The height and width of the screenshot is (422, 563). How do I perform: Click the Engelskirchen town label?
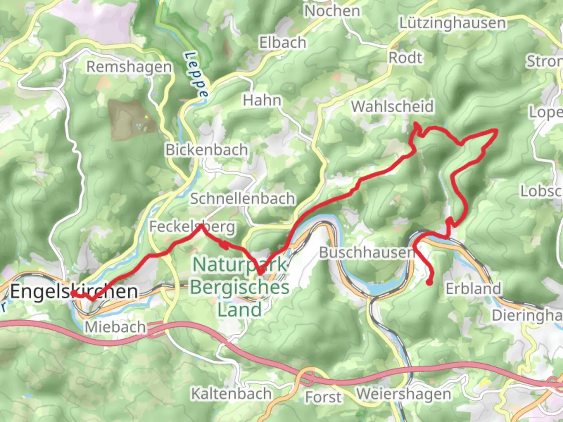[74, 291]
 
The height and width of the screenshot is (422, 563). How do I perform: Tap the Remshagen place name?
[129, 67]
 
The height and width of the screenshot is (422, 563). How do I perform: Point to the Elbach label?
[283, 43]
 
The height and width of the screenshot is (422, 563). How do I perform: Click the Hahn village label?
[262, 100]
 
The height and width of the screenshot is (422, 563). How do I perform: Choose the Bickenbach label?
[207, 150]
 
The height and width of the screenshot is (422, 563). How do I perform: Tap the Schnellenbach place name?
[242, 198]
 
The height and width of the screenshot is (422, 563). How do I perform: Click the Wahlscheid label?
[393, 106]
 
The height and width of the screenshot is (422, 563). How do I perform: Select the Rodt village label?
[405, 58]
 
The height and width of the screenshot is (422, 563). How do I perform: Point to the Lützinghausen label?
[452, 23]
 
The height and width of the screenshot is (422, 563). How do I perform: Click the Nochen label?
[332, 11]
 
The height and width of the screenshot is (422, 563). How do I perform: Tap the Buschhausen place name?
[367, 252]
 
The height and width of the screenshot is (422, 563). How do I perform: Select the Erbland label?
[473, 289]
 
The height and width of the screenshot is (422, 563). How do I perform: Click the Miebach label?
[115, 327]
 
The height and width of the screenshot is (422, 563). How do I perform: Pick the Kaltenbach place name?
[231, 394]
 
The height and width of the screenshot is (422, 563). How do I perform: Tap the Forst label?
[323, 397]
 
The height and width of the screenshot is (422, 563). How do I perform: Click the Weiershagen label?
[403, 394]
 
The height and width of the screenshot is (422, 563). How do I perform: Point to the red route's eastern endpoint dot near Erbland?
[429, 283]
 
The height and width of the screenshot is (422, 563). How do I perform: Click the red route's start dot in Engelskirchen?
[74, 293]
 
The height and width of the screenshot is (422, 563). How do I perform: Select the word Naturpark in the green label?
[240, 265]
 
